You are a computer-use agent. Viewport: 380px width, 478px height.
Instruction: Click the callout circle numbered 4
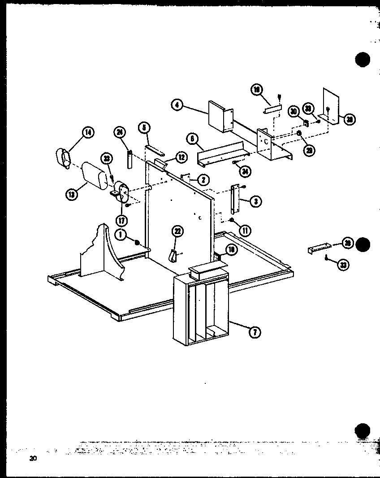pos(177,105)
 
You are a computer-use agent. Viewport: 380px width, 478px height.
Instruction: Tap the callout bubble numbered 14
pos(88,132)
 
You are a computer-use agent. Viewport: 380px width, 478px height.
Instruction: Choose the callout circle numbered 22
pos(177,231)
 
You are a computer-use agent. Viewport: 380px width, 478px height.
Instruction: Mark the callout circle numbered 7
pos(255,332)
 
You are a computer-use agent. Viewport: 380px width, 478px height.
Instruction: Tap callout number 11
pos(245,231)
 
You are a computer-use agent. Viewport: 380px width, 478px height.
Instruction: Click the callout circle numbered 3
pos(255,202)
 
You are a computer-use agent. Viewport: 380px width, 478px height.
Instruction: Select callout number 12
pos(181,157)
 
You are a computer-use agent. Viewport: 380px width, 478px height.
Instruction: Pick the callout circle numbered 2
pos(203,180)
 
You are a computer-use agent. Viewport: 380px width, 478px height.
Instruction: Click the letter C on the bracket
pos(267,141)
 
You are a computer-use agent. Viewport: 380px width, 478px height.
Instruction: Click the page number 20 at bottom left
pos(33,458)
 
